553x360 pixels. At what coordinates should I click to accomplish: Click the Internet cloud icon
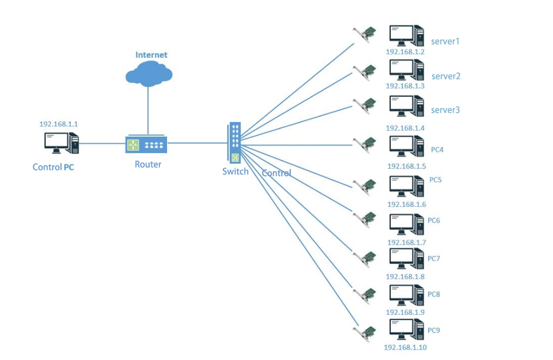pyautogui.click(x=149, y=73)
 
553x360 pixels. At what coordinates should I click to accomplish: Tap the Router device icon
pyautogui.click(x=146, y=145)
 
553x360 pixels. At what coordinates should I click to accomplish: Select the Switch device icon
pyautogui.click(x=235, y=143)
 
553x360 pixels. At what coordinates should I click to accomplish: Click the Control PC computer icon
pyautogui.click(x=62, y=144)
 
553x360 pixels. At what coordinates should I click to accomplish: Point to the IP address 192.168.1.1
pyautogui.click(x=59, y=124)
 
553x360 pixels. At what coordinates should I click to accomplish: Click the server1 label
pyautogui.click(x=446, y=41)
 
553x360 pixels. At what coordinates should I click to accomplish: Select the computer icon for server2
pyautogui.click(x=406, y=70)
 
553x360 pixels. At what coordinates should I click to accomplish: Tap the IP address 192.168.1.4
pyautogui.click(x=405, y=127)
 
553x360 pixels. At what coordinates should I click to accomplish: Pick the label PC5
pyautogui.click(x=435, y=179)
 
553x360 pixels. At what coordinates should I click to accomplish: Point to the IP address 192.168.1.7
pyautogui.click(x=407, y=242)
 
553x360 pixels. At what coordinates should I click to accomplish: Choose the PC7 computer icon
pyautogui.click(x=406, y=259)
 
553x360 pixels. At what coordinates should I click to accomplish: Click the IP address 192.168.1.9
pyautogui.click(x=405, y=312)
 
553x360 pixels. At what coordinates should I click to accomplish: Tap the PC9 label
pyautogui.click(x=434, y=330)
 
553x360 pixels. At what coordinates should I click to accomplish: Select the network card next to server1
pyautogui.click(x=364, y=35)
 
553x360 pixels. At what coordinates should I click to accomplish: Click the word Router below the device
pyautogui.click(x=148, y=164)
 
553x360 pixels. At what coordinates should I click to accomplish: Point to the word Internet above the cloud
pyautogui.click(x=151, y=55)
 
